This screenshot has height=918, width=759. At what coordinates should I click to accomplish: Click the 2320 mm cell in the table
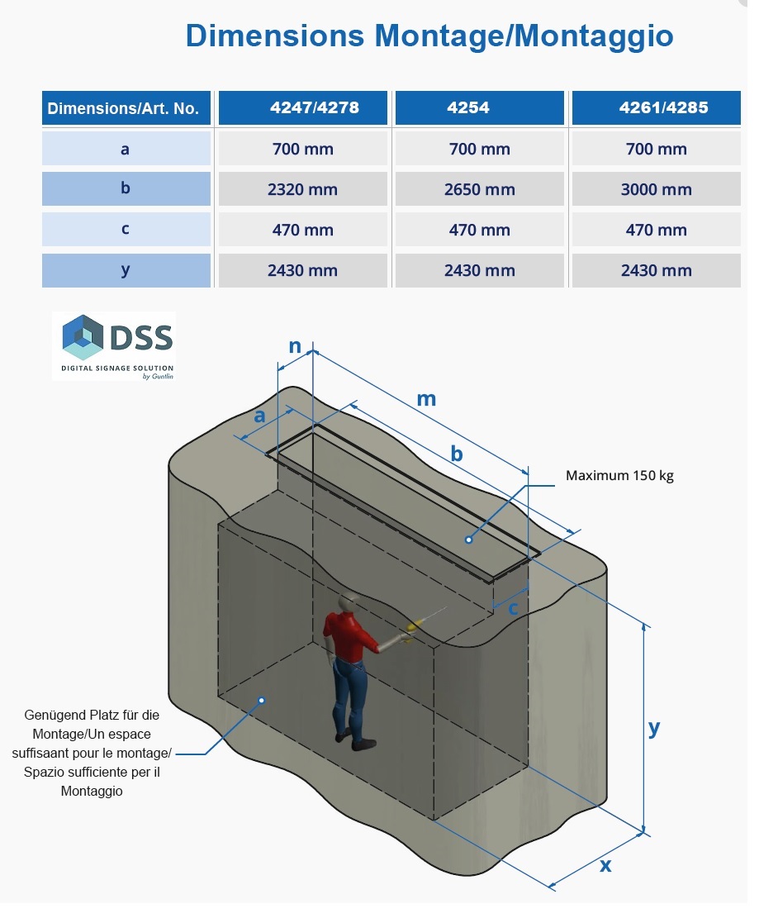[x=302, y=189]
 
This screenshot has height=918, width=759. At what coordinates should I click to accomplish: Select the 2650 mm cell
[x=479, y=189]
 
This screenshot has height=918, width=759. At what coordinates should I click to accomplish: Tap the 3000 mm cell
[x=656, y=189]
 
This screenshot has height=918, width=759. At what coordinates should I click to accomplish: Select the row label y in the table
[x=126, y=269]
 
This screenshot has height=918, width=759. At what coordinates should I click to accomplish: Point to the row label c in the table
[x=126, y=229]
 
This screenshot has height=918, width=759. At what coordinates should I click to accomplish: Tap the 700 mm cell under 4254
[x=479, y=149]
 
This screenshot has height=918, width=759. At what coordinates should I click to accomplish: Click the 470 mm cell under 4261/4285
[x=656, y=230]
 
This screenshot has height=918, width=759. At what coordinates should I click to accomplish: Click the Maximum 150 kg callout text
[x=619, y=475]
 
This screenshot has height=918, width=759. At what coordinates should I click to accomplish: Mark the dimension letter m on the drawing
[x=426, y=399]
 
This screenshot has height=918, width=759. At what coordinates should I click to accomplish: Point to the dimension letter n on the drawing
[x=294, y=346]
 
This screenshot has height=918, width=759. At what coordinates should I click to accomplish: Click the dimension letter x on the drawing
[x=605, y=865]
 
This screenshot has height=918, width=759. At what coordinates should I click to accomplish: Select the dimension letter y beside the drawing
[x=654, y=727]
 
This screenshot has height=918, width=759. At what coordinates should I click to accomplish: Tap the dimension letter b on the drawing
[x=457, y=454]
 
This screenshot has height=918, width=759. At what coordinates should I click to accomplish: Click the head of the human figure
[x=353, y=603]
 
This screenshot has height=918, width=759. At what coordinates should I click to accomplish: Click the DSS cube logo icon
[x=83, y=337]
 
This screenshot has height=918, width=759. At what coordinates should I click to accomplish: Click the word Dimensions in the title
[x=275, y=36]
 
